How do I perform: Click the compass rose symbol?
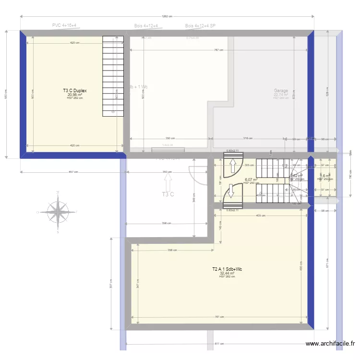point(58,211)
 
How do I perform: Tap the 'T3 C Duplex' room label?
point(74,90)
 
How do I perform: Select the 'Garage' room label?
point(281,91)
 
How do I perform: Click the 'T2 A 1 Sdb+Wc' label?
point(227,269)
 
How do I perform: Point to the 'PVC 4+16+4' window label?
point(64,25)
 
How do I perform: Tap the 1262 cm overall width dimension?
point(167,16)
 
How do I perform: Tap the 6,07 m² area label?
point(251,180)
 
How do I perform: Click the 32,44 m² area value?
point(227,274)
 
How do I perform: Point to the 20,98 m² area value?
point(74,95)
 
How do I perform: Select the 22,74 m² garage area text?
point(281,95)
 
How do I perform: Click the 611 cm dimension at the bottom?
point(218,344)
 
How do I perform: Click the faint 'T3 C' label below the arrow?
point(168,194)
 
